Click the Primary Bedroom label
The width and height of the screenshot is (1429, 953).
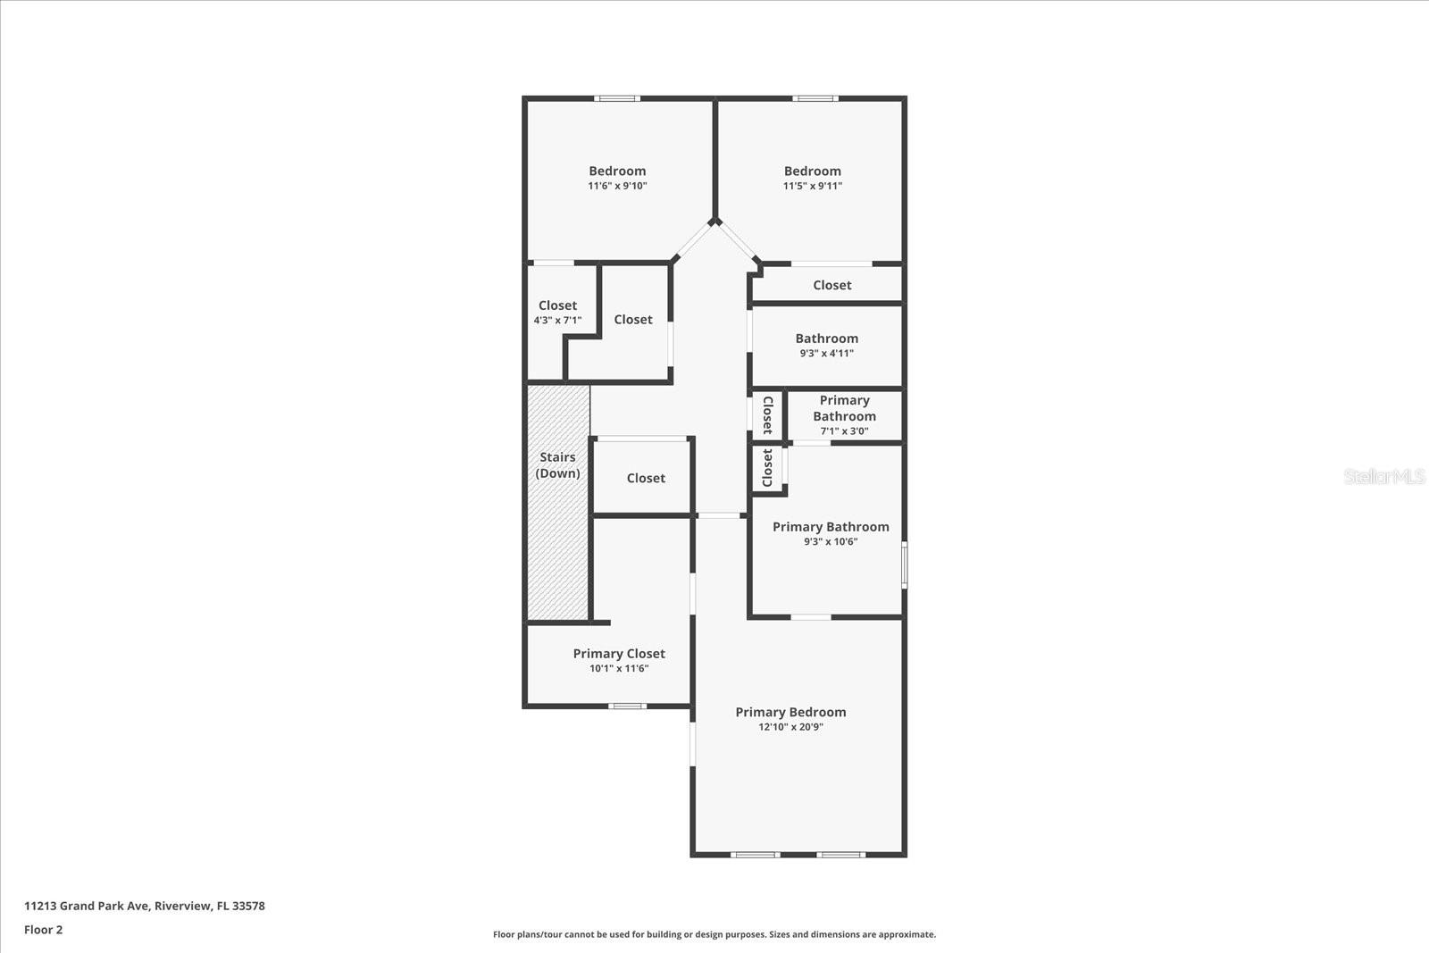click(x=790, y=712)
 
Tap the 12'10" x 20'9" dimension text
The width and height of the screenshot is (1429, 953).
click(x=790, y=726)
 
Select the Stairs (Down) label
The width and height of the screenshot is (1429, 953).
click(x=557, y=465)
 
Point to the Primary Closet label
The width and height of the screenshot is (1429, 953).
click(x=619, y=653)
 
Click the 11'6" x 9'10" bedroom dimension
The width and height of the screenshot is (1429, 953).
click(x=617, y=186)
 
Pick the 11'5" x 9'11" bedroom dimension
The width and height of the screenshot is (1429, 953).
click(x=813, y=186)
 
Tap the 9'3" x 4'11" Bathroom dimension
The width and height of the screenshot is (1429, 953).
click(x=827, y=353)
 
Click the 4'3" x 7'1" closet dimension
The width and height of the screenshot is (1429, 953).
click(x=557, y=321)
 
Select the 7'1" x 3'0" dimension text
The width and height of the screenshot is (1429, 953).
click(x=844, y=431)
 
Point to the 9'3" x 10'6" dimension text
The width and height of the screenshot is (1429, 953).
click(x=831, y=541)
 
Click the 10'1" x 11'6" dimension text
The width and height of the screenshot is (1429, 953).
click(x=619, y=668)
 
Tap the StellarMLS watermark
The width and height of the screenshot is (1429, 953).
click(x=1383, y=476)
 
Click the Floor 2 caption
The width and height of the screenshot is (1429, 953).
click(x=44, y=930)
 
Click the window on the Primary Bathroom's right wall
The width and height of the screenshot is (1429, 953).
click(x=905, y=565)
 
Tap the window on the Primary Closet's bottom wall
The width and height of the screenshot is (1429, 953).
click(x=627, y=706)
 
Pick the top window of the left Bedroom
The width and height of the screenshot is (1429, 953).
click(x=617, y=98)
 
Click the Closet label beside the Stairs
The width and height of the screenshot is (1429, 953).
click(x=646, y=478)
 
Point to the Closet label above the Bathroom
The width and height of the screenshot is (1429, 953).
click(x=831, y=285)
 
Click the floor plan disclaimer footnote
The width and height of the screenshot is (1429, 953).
click(x=714, y=934)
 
